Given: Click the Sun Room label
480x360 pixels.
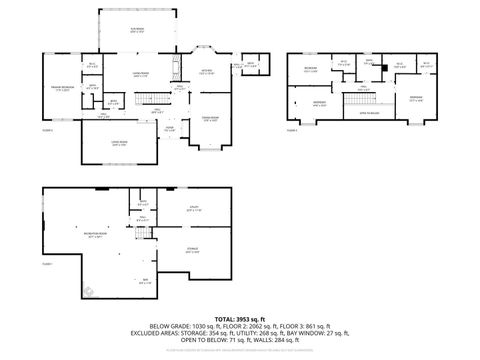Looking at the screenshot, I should pos(136,30).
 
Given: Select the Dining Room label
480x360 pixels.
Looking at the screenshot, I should pos(211,120).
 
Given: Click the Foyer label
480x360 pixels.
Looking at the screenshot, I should pos(169,128).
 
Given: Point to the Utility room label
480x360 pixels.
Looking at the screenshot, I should pos(194,209).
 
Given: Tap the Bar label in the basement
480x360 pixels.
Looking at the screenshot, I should pos(145,281).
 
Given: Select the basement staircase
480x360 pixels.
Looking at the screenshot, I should pos(146,234).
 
